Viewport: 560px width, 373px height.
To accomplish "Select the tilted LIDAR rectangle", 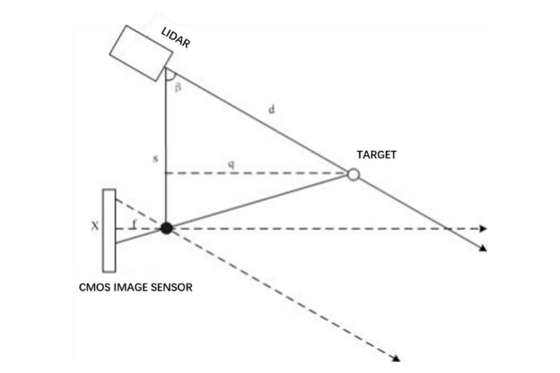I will tap(139, 52).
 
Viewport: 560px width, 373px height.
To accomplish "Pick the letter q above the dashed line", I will tap(231, 165).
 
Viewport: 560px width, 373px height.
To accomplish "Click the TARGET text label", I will tap(376, 155).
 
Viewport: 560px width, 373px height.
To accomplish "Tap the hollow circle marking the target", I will tap(354, 175).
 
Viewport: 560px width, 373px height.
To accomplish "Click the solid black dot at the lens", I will tap(166, 228).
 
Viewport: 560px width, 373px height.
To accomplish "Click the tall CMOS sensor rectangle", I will tap(109, 230).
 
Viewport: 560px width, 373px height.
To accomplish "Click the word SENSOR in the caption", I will tap(172, 287).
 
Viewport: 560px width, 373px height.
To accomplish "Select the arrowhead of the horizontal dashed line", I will tap(483, 229).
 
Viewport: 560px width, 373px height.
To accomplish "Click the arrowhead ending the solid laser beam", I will tap(483, 249).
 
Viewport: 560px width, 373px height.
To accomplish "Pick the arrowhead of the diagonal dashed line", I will tap(397, 358).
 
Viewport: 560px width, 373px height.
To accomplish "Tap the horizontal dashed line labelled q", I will tap(277, 173).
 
